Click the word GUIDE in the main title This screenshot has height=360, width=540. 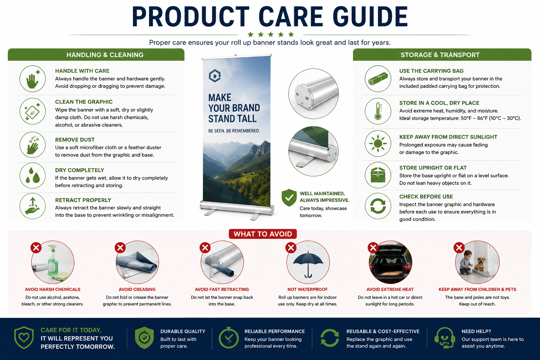pyautogui.click(x=370, y=17)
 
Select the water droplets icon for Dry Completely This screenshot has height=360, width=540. pyautogui.click(x=33, y=175)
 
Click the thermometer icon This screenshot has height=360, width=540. pyautogui.click(x=378, y=111)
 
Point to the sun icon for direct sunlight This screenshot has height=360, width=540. pyautogui.click(x=378, y=143)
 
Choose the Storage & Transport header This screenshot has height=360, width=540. pyautogui.click(x=440, y=55)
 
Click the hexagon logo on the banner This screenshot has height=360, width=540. pyautogui.click(x=214, y=76)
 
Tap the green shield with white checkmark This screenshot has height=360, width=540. pyautogui.click(x=289, y=198)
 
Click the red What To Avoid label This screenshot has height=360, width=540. pyautogui.click(x=263, y=234)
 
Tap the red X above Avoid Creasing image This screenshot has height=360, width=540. pyautogui.click(x=120, y=247)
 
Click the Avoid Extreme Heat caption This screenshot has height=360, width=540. pyautogui.click(x=390, y=289)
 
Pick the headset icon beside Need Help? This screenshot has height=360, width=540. pyautogui.click(x=445, y=338)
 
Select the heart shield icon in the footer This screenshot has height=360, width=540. pyautogui.click(x=24, y=337)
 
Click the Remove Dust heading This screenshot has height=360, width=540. pyautogui.click(x=75, y=140)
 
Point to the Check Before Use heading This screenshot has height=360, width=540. pyautogui.click(x=426, y=197)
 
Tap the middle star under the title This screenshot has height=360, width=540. pyautogui.click(x=270, y=34)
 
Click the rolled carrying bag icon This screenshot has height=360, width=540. pyautogui.click(x=378, y=79)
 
